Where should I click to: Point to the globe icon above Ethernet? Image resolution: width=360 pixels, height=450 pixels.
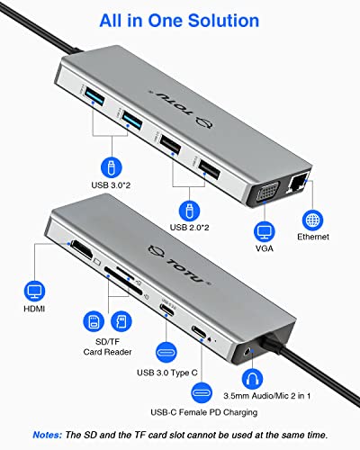click(312, 219)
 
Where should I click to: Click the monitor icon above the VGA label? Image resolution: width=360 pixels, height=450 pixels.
click(263, 222)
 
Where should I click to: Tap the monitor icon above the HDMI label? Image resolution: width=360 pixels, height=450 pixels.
click(34, 291)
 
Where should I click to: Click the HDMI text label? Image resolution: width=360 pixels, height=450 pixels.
click(35, 312)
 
